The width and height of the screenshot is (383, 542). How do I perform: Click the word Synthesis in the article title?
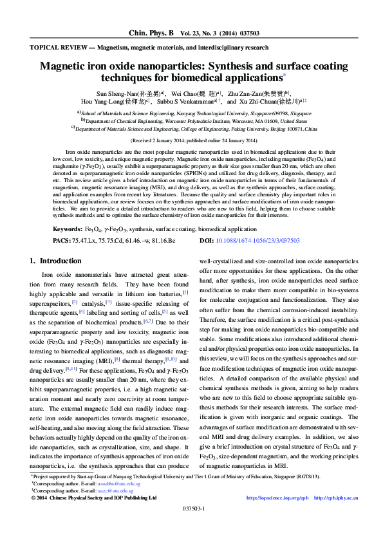click(x=254, y=66)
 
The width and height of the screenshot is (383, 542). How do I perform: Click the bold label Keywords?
click(x=67, y=229)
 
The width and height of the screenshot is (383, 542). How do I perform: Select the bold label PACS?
click(x=62, y=240)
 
